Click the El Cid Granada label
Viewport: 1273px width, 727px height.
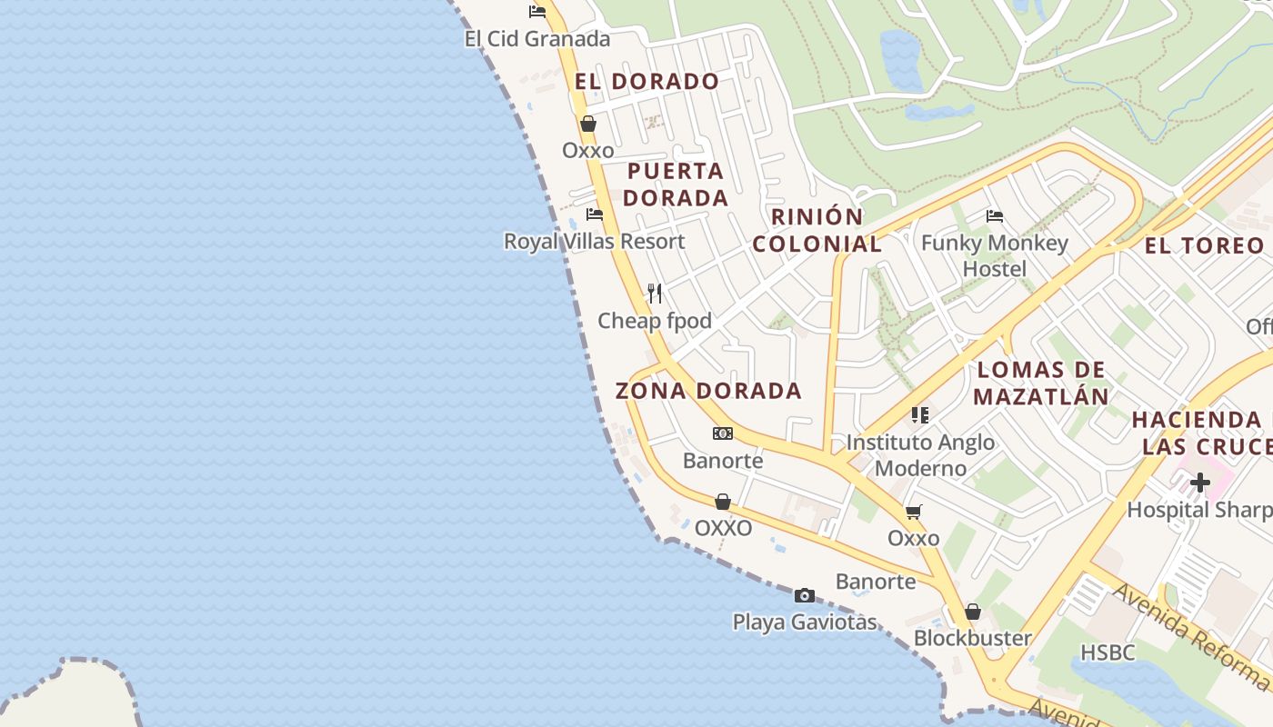coord(536,39)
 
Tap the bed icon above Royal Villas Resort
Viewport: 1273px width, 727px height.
coord(595,214)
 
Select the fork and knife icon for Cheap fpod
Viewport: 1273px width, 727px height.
coord(655,293)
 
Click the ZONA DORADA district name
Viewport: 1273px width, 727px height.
coord(708,391)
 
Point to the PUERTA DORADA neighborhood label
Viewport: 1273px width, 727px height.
coord(677,184)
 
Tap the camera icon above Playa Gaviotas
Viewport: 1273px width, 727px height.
coord(805,596)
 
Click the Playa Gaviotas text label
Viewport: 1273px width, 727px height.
coord(805,622)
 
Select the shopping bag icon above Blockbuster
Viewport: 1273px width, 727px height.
coord(973,612)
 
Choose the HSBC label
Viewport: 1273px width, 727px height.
coord(1108,652)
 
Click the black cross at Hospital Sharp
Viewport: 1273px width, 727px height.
coord(1200,483)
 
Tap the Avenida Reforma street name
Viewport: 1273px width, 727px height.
coord(1191,636)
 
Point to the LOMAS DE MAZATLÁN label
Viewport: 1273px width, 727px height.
coord(1041,383)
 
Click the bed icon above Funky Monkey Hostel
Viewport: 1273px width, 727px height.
coord(995,216)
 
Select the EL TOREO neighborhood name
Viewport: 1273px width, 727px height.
coord(1204,245)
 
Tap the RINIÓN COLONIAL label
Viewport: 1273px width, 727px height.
coord(817,231)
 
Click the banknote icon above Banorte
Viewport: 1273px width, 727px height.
coord(723,433)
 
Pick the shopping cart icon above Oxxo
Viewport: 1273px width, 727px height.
coord(914,513)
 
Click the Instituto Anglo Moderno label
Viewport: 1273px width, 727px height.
coord(920,455)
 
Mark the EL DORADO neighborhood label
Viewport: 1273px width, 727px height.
coord(647,81)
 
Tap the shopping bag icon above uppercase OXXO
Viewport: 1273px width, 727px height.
coord(723,502)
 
